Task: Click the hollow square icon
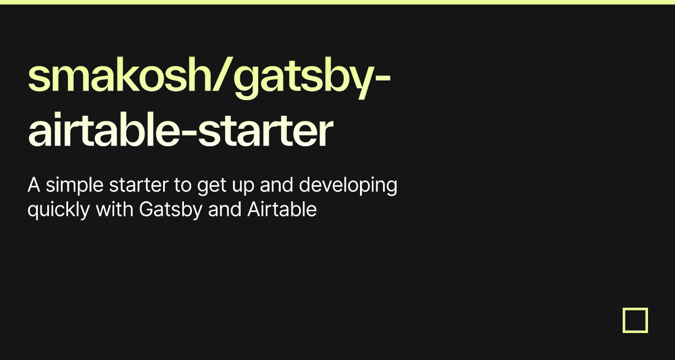point(635,320)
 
